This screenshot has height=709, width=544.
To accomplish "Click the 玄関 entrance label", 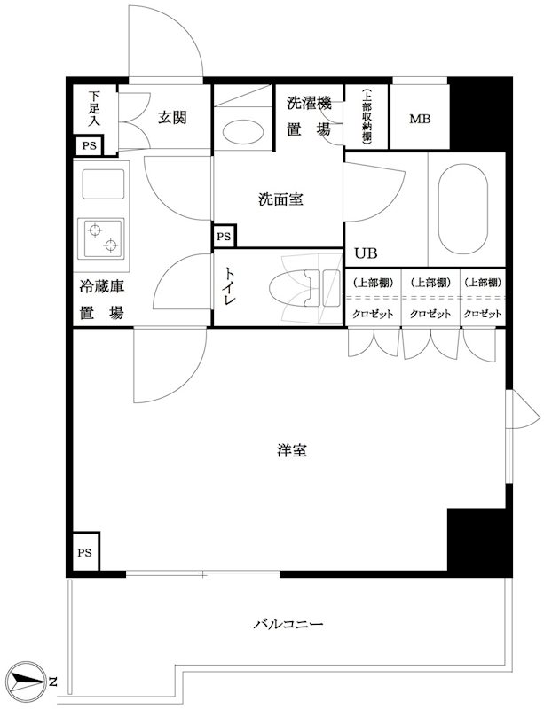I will pos(172,118).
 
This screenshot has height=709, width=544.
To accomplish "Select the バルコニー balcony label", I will pos(288,624).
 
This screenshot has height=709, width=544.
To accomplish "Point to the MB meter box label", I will pos(420,118).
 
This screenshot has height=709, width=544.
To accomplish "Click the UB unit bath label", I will pos(365,253).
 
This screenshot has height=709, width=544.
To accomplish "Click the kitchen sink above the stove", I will pos(100,185).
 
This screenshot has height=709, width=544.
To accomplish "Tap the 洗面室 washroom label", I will pos(280,199).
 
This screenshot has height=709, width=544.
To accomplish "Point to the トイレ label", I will pos(229,288).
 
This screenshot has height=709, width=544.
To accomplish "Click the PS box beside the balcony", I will pos(85,553).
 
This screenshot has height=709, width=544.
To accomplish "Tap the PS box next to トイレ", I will pos(224,237).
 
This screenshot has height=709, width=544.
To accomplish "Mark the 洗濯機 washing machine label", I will pos(308,104).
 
